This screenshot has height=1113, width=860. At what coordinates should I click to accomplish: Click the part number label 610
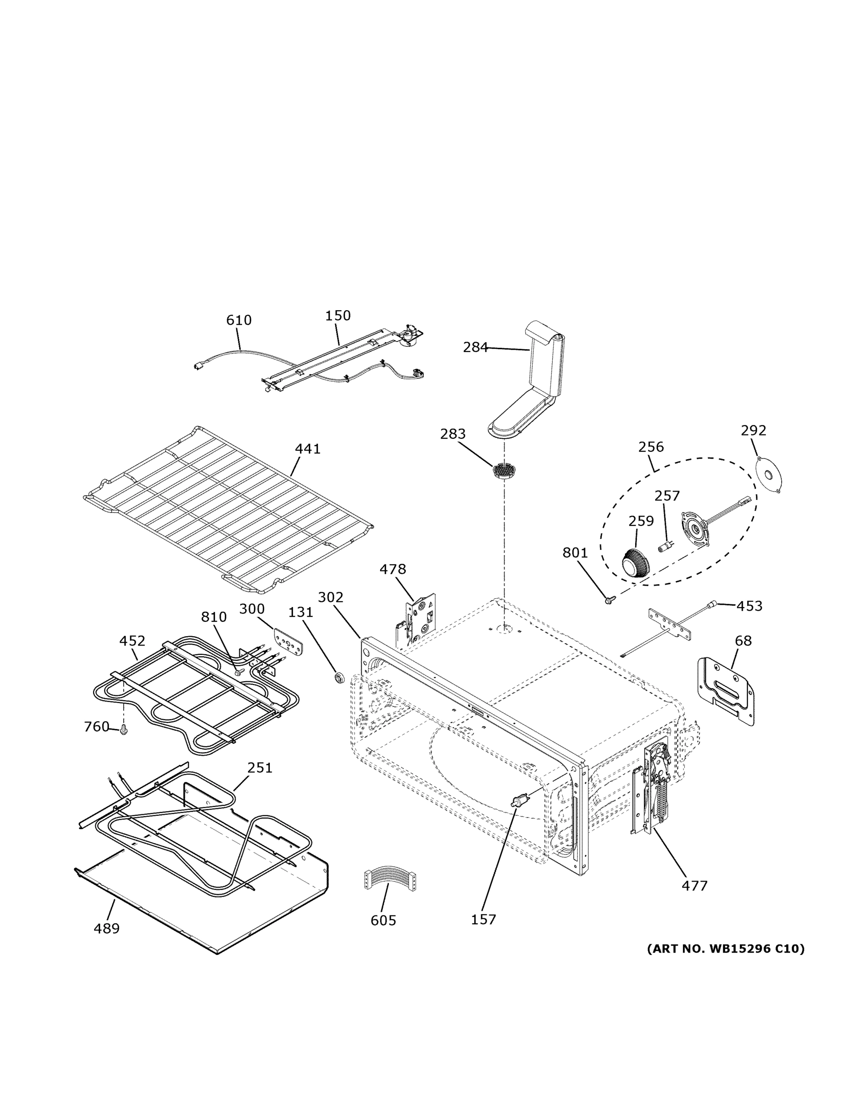point(238,320)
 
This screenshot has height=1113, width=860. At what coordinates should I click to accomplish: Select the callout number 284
point(475,347)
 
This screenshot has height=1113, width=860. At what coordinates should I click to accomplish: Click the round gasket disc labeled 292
point(769,474)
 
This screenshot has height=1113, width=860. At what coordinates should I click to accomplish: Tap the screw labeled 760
point(123,731)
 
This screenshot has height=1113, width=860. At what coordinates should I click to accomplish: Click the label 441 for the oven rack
point(308,449)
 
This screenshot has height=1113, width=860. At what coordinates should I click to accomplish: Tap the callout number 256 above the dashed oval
point(650,447)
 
